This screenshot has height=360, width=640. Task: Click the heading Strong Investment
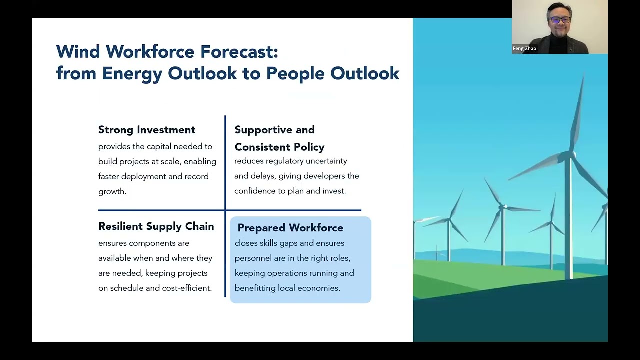point(147,130)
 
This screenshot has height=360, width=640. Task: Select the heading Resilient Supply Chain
point(156,226)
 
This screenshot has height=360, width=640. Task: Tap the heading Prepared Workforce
point(290,228)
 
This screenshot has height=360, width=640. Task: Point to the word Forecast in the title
point(239,51)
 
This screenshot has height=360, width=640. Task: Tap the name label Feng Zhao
point(524,49)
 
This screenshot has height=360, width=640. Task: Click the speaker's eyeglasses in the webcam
point(560,20)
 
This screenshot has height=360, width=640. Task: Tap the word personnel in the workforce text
point(253,258)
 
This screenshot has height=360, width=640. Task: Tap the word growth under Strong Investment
point(112,191)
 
